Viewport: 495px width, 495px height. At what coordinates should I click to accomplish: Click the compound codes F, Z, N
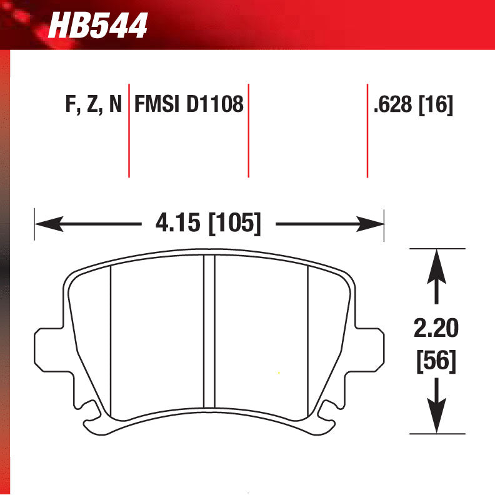point(93,104)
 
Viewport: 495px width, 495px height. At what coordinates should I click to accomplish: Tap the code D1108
point(214,104)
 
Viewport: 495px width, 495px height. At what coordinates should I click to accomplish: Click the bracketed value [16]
point(436,104)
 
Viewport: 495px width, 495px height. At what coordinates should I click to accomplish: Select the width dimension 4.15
point(179,223)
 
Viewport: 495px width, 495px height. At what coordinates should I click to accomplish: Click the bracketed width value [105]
point(234,223)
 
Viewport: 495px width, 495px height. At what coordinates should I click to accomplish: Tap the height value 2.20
point(436,327)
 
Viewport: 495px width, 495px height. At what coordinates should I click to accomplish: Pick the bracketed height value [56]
point(436,361)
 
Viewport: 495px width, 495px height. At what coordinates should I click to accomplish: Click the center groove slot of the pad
point(209,331)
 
